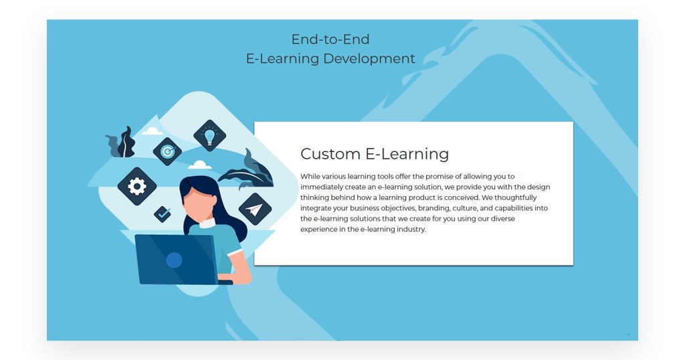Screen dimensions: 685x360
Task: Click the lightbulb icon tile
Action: (209, 135)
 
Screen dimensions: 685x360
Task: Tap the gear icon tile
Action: (137, 186)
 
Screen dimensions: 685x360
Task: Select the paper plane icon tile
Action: (255, 209)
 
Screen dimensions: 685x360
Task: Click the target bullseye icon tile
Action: (167, 152)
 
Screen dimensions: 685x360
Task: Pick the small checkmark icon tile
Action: (163, 214)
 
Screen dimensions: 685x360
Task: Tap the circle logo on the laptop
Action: (174, 260)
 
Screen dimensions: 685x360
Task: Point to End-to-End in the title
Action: (330, 39)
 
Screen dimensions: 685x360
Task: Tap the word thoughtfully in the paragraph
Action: (516, 197)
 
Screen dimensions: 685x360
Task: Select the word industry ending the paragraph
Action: (411, 229)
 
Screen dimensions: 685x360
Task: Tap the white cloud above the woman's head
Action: (199, 165)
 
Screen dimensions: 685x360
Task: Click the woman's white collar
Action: (207, 223)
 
